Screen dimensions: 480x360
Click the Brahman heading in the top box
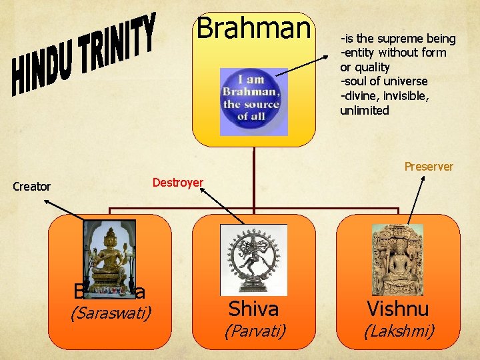(254, 28)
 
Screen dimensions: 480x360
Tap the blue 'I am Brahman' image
(253, 101)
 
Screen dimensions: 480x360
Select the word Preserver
(429, 167)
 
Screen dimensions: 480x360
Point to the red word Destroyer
(177, 182)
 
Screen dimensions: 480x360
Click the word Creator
(32, 187)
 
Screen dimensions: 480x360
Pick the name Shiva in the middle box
(253, 309)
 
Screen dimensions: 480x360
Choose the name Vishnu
(397, 309)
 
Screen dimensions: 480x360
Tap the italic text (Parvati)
(254, 331)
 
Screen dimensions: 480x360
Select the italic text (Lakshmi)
(397, 331)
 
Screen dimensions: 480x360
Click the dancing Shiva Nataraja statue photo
(253, 259)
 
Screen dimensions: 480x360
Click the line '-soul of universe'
(384, 81)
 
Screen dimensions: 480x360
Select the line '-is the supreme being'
(398, 39)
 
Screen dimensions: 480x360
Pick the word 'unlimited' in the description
(365, 111)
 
